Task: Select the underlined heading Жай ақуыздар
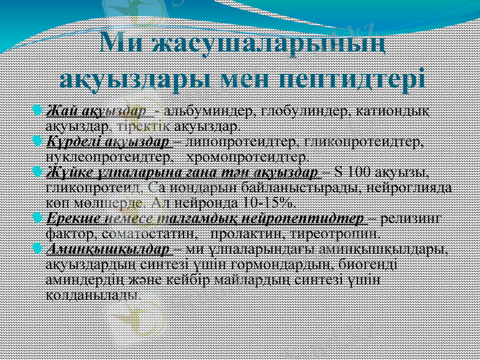pyautogui.click(x=96, y=111)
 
